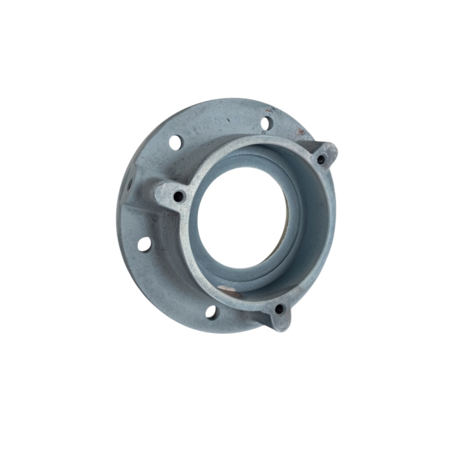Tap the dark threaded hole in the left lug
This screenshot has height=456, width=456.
tap(179, 195)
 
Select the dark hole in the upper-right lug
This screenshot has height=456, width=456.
tap(321, 159)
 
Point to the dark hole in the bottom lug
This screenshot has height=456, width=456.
tap(279, 309)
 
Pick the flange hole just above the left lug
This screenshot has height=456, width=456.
tap(175, 141)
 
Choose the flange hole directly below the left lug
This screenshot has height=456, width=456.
tap(144, 244)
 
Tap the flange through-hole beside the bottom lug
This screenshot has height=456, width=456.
tap(211, 311)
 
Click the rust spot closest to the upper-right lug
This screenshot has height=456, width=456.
tap(301, 132)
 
